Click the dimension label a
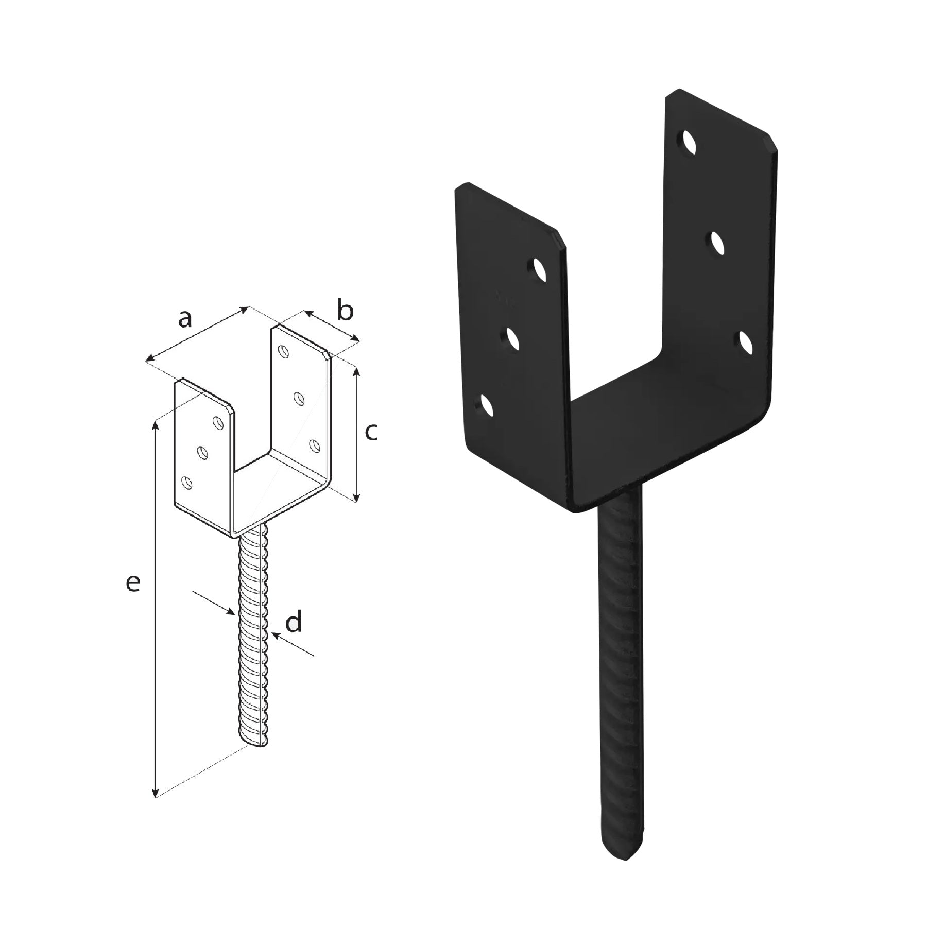click(x=185, y=319)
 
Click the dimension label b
click(x=345, y=311)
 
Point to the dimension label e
click(x=133, y=583)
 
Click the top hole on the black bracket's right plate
click(x=689, y=142)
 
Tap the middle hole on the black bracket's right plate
click(x=717, y=243)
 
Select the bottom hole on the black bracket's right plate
click(x=745, y=343)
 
